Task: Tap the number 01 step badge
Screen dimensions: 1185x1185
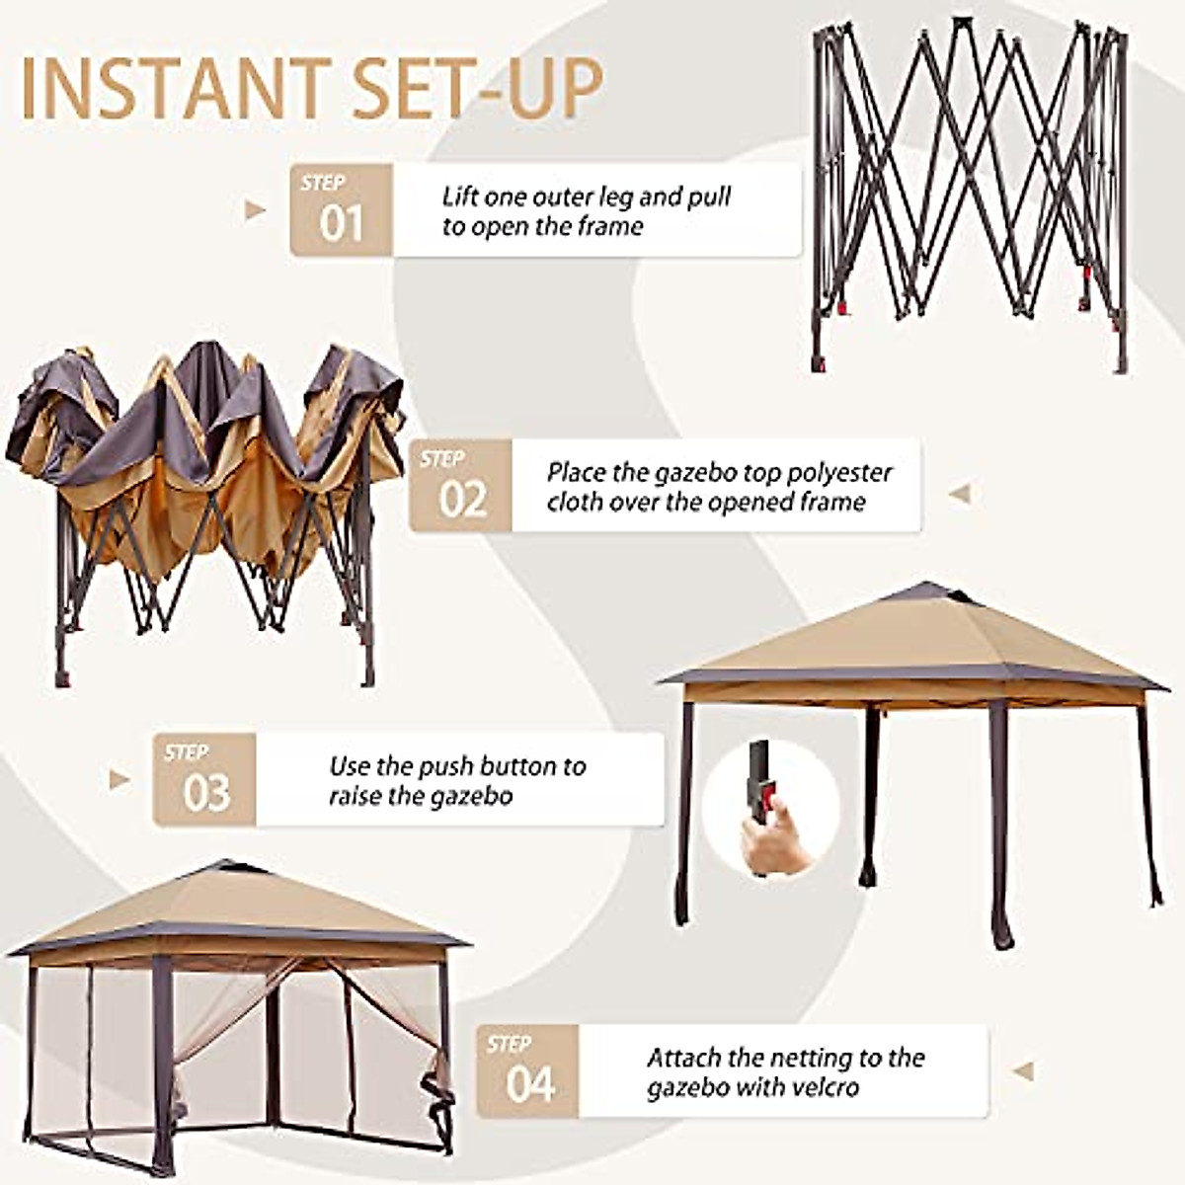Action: [341, 210]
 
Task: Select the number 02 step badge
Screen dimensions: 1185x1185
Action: [461, 486]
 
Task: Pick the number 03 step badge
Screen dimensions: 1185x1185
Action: [204, 779]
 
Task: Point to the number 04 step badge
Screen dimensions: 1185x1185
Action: [528, 1070]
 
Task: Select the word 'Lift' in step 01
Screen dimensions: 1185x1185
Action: [461, 197]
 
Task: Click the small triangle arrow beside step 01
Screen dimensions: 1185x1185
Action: [256, 210]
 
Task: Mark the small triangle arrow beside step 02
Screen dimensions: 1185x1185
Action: [959, 494]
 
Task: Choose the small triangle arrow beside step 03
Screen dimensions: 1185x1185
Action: [119, 779]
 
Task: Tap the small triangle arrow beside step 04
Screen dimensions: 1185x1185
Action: [1023, 1070]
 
